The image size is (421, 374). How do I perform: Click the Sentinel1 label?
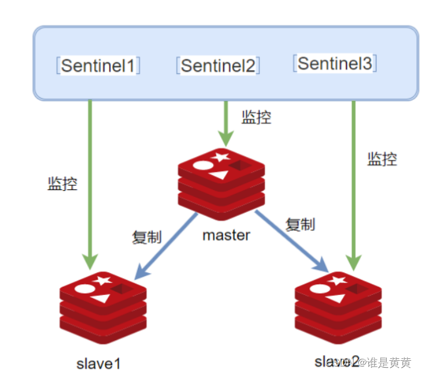tap(98, 66)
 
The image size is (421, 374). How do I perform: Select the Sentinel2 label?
tap(218, 65)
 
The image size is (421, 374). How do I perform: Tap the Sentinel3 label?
tap(335, 63)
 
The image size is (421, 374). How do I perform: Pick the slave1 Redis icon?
tap(103, 305)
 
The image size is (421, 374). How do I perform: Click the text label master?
tap(226, 235)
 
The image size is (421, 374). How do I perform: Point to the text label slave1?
tap(98, 363)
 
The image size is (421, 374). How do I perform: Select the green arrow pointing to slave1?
tap(91, 182)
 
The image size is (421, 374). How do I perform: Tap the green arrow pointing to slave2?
tap(354, 182)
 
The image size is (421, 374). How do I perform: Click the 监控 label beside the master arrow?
tap(256, 117)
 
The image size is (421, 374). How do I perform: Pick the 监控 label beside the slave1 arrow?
tap(63, 184)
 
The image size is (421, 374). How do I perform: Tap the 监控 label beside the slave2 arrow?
tap(382, 159)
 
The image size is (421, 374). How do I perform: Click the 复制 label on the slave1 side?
tap(147, 237)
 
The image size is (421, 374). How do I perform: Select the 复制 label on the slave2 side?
tap(300, 224)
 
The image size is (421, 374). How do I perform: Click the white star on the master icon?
tap(220, 157)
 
